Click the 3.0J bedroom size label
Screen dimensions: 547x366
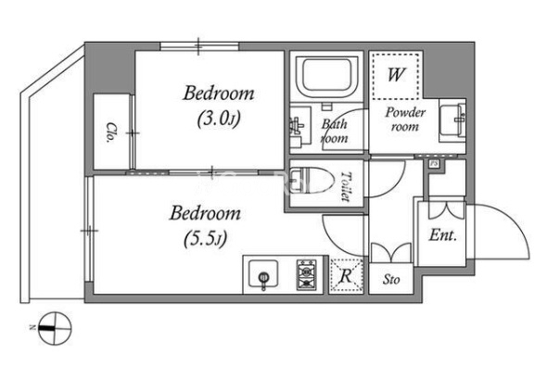[219, 119]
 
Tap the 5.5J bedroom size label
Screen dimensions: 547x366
[205, 238]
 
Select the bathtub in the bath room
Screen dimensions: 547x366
[326, 76]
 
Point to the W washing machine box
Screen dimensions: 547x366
[396, 75]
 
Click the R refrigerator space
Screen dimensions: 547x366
[346, 276]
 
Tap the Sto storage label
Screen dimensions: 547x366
[391, 279]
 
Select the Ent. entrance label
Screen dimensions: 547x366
[442, 235]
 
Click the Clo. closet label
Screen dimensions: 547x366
[110, 133]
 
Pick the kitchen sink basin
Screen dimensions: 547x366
[263, 273]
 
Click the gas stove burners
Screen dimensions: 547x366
[306, 274]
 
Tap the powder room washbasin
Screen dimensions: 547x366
[452, 119]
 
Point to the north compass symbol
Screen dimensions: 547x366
[55, 328]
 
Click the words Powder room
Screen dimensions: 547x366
[405, 120]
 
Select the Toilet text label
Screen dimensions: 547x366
[346, 186]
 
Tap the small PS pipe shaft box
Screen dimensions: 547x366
[434, 164]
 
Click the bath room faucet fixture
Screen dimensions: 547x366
[296, 125]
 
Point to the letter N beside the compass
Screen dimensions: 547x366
[32, 328]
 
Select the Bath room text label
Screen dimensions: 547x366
[334, 131]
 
